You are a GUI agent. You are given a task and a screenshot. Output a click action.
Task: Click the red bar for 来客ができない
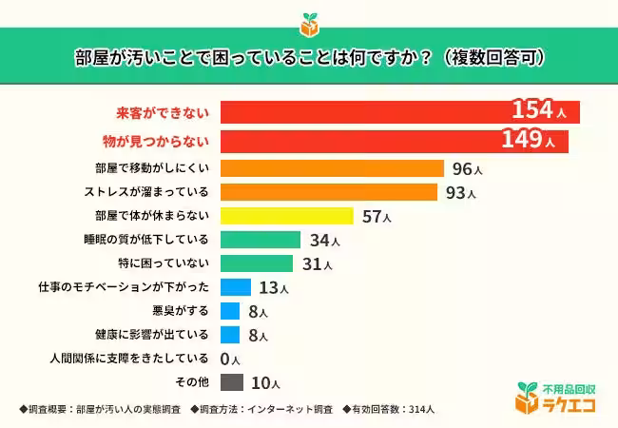click(399, 112)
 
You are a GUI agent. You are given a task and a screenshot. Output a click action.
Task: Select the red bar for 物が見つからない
click(394, 142)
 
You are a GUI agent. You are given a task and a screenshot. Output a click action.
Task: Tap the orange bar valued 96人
click(332, 169)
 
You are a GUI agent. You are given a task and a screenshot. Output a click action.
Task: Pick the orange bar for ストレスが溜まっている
click(329, 193)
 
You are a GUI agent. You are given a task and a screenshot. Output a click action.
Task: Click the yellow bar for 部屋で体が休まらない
click(286, 216)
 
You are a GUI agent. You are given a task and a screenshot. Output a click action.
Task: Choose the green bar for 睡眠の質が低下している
click(260, 240)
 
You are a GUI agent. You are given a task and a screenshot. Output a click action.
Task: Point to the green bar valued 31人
click(256, 263)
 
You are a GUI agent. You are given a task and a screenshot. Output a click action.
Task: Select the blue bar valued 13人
click(235, 287)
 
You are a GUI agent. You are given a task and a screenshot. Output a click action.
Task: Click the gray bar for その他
click(231, 382)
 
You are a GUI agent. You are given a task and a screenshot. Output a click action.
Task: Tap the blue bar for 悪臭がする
click(229, 311)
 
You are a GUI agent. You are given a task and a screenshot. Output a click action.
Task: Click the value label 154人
click(538, 110)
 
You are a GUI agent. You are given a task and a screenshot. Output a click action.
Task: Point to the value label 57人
click(377, 217)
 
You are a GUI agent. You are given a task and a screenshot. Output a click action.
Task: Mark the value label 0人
click(229, 360)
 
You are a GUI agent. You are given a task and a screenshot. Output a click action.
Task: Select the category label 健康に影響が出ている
click(151, 335)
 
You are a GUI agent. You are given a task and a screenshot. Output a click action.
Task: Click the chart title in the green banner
click(309, 56)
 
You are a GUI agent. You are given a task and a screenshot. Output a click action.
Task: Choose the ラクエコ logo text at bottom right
click(568, 404)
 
